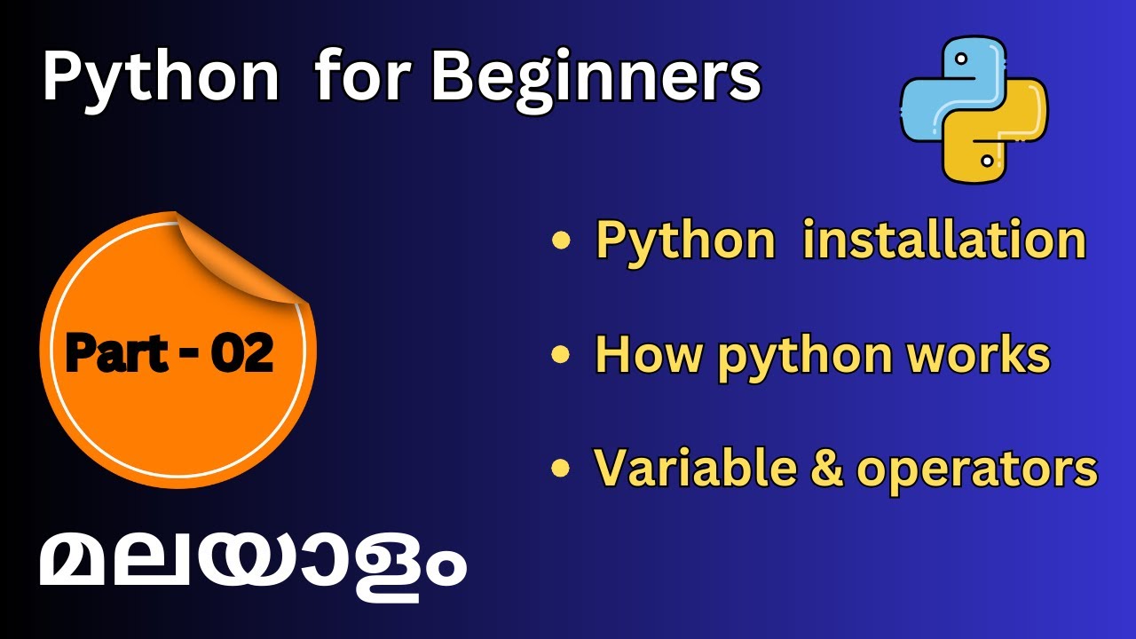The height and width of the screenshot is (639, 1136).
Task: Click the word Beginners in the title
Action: coord(596,77)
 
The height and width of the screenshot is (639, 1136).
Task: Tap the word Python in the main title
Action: coord(160,77)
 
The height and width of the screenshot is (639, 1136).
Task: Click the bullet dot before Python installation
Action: coord(560,241)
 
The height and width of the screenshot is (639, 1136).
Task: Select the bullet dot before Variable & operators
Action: coord(560,468)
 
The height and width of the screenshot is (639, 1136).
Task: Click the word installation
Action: coord(943,240)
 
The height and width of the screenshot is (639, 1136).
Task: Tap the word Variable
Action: coord(683,467)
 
